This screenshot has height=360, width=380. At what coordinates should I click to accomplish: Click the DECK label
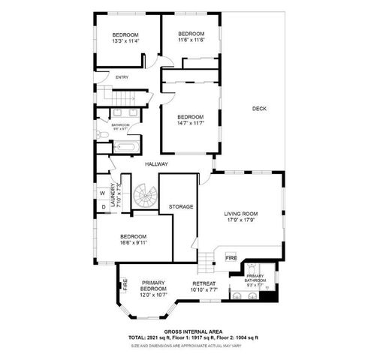click(259, 109)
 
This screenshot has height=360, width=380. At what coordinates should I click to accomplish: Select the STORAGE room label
click(181, 206)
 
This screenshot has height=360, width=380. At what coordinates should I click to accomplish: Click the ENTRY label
click(122, 77)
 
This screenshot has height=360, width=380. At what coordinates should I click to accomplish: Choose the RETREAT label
click(204, 283)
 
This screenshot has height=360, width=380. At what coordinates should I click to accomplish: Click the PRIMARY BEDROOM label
click(153, 286)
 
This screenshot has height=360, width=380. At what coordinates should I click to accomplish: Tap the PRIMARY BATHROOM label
click(255, 279)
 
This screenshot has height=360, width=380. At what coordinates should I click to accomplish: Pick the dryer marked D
click(103, 206)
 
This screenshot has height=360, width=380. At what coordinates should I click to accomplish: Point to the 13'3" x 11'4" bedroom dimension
click(125, 42)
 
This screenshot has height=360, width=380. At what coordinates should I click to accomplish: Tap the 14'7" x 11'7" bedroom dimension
click(191, 124)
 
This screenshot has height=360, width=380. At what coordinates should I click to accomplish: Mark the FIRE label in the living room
click(232, 258)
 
